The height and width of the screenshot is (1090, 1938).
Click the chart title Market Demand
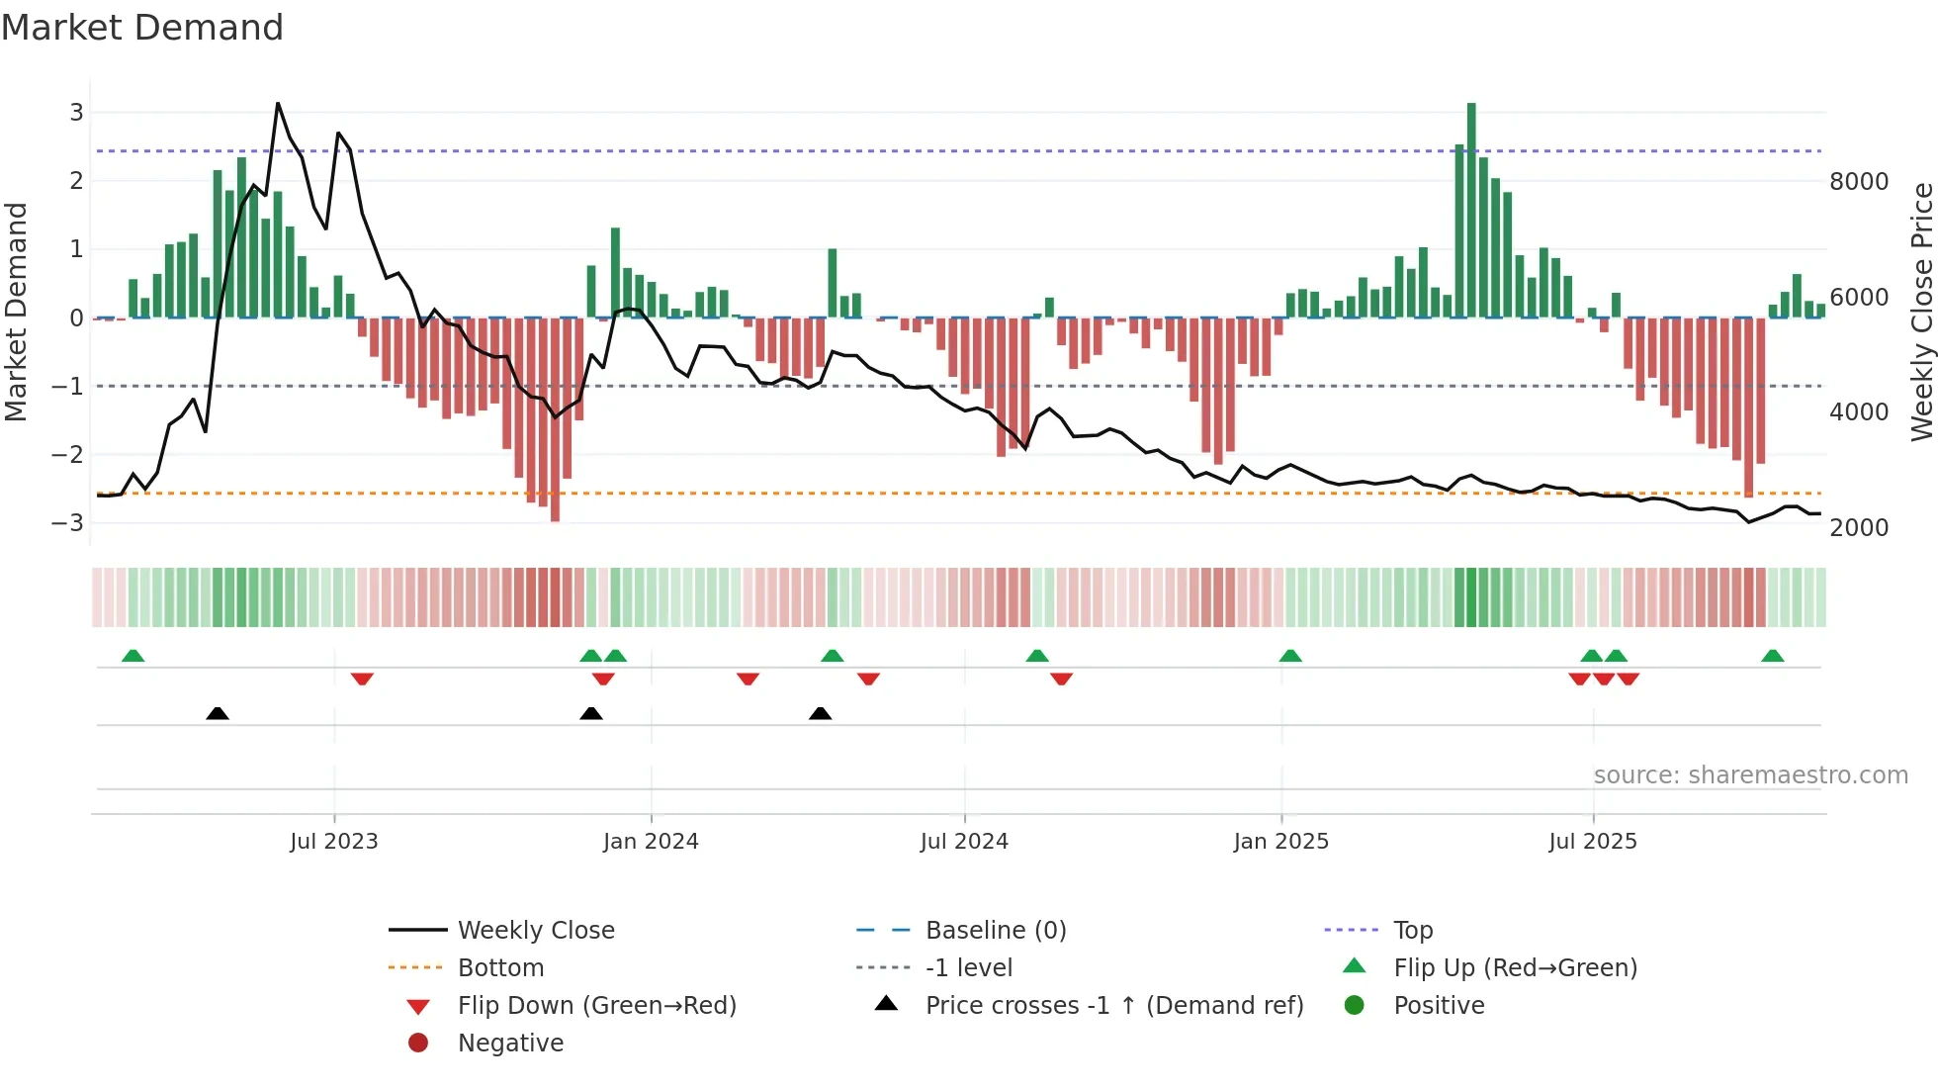click(x=142, y=28)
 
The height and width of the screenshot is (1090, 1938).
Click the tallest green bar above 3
click(x=1471, y=198)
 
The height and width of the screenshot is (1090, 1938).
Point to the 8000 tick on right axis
click(x=1858, y=182)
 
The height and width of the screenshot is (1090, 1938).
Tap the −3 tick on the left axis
click(x=68, y=522)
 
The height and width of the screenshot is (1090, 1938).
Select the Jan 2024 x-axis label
click(x=651, y=842)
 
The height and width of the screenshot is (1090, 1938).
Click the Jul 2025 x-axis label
click(x=1592, y=842)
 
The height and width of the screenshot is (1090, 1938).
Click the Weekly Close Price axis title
click(x=1921, y=312)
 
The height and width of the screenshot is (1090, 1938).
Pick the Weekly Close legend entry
click(x=535, y=931)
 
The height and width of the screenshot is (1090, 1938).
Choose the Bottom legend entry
click(x=500, y=968)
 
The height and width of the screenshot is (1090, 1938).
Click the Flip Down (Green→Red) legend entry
click(x=596, y=1006)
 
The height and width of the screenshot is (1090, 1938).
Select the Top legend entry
click(x=1412, y=931)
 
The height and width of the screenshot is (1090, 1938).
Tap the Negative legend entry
click(x=510, y=1044)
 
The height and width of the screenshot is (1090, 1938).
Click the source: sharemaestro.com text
click(x=1750, y=775)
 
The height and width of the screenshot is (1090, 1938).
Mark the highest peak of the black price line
click(x=278, y=104)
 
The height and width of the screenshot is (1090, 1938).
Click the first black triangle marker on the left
click(x=218, y=713)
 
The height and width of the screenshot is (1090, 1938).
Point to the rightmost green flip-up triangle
click(x=1772, y=656)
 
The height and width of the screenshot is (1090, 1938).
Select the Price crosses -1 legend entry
click(x=1113, y=1006)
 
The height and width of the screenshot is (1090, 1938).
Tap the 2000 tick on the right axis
click(x=1858, y=528)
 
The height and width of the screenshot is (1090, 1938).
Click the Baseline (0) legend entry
click(x=995, y=931)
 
